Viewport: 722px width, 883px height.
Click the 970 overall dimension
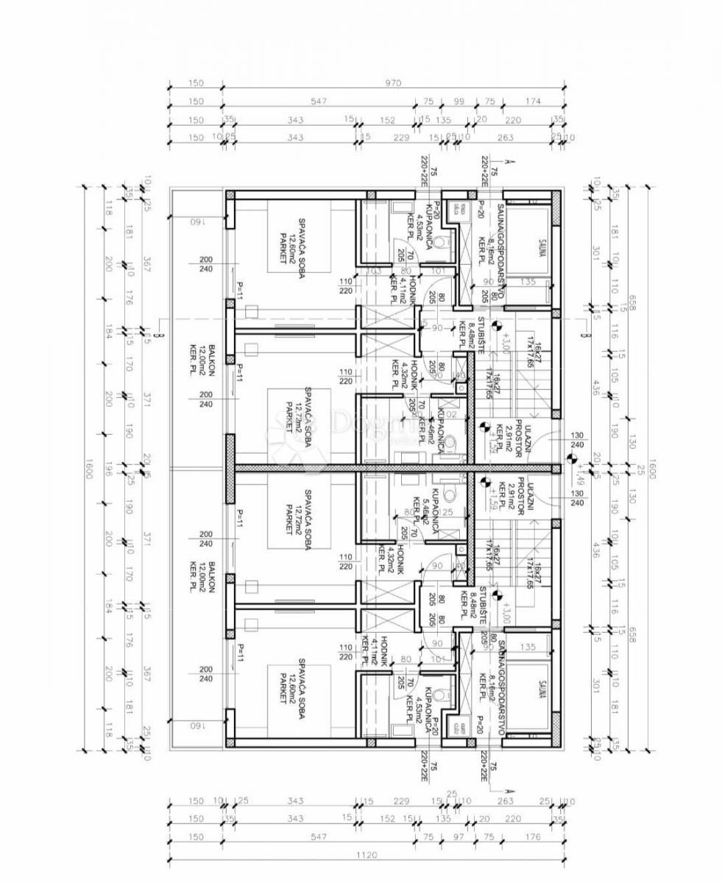pyautogui.click(x=393, y=83)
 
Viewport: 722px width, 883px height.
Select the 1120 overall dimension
pyautogui.click(x=366, y=855)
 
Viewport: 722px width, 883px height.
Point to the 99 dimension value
pyautogui.click(x=459, y=102)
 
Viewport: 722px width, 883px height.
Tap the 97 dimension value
pyautogui.click(x=459, y=837)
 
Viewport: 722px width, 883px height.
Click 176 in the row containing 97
pyautogui.click(x=533, y=837)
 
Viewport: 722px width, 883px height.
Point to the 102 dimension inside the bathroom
pyautogui.click(x=451, y=414)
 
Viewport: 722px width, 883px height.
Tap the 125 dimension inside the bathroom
pyautogui.click(x=446, y=512)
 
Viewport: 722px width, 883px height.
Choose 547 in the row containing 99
pyautogui.click(x=318, y=102)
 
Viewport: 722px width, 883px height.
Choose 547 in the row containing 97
pyautogui.click(x=318, y=837)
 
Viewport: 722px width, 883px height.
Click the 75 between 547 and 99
pyautogui.click(x=428, y=102)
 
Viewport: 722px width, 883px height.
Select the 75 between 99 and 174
pyautogui.click(x=488, y=102)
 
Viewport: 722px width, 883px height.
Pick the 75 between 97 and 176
pyautogui.click(x=488, y=837)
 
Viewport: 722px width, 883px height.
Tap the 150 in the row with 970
pyautogui.click(x=196, y=83)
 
